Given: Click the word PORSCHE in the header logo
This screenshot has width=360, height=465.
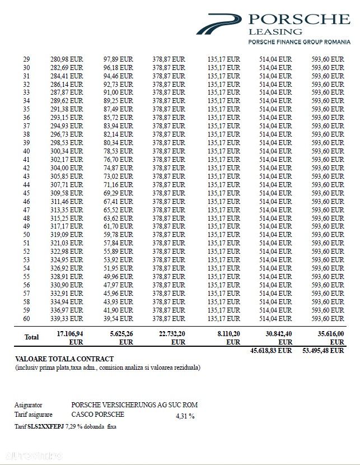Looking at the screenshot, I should click(300, 20).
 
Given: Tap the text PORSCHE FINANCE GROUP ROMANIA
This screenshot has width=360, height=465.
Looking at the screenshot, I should click(299, 43).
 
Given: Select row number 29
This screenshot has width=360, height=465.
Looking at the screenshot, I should click(26, 59).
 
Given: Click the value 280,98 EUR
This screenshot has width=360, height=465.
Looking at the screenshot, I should click(66, 59).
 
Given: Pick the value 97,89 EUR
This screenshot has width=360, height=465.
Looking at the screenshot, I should click(118, 59).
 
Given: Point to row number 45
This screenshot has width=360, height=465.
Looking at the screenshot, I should click(26, 193).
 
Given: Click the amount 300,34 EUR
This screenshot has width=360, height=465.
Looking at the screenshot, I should click(66, 151).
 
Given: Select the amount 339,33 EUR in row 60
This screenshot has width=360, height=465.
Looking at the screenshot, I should click(66, 319).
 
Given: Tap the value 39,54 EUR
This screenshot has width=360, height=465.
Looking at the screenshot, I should click(118, 319).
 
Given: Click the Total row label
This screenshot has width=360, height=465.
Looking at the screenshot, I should click(31, 337).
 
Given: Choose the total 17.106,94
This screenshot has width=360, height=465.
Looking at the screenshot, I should click(70, 333).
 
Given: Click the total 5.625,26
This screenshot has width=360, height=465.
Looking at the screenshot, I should click(118, 333).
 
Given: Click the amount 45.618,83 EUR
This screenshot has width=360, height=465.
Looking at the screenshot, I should click(270, 350).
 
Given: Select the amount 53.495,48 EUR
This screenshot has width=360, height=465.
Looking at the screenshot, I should click(322, 350).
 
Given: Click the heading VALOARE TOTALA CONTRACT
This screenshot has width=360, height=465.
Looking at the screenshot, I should click(64, 359).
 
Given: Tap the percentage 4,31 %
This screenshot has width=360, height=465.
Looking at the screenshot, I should click(185, 416).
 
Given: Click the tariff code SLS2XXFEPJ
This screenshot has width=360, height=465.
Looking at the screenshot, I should click(44, 426).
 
